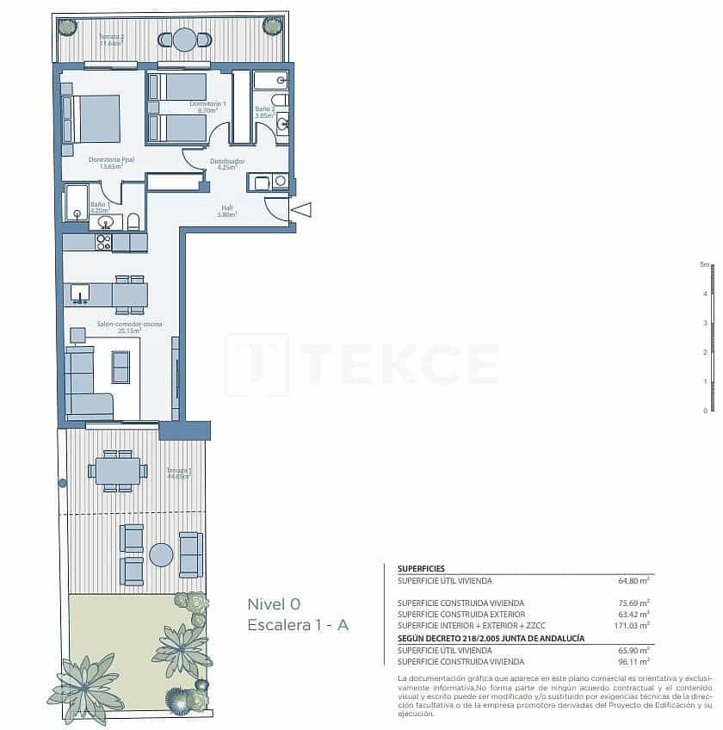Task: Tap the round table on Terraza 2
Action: (184, 40)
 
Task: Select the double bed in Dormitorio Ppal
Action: (94, 119)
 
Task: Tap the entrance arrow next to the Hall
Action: (301, 209)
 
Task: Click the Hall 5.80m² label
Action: (227, 210)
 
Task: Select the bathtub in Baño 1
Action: (76, 203)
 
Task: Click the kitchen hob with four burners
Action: (103, 242)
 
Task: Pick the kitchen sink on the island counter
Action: (80, 295)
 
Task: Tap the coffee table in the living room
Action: (120, 367)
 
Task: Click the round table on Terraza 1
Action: (161, 554)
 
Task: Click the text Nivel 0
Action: (274, 603)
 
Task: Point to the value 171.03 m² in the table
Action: (633, 626)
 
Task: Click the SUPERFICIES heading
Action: (421, 569)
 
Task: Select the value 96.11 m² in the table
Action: (634, 661)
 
